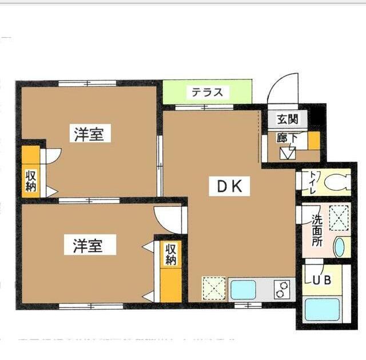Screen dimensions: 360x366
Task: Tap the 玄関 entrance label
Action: [288, 120]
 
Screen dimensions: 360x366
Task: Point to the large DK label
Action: [230, 186]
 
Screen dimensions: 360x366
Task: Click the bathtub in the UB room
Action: [321, 310]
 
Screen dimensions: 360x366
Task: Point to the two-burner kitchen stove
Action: [281, 290]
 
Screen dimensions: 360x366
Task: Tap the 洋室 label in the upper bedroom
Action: [89, 135]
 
